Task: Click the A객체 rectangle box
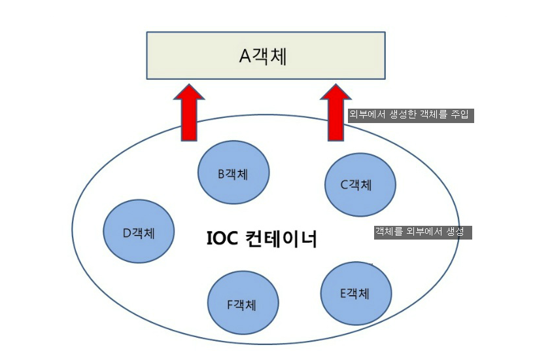click(265, 57)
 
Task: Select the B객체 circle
click(233, 173)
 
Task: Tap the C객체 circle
click(360, 185)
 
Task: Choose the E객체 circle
click(356, 293)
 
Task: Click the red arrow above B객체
click(189, 113)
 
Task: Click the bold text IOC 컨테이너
click(262, 239)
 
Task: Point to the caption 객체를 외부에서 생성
click(423, 232)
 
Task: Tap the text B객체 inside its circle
click(233, 173)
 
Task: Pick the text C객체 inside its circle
click(356, 185)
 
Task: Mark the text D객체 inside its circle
click(139, 232)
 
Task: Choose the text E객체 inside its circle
click(354, 293)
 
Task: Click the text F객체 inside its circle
click(241, 304)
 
